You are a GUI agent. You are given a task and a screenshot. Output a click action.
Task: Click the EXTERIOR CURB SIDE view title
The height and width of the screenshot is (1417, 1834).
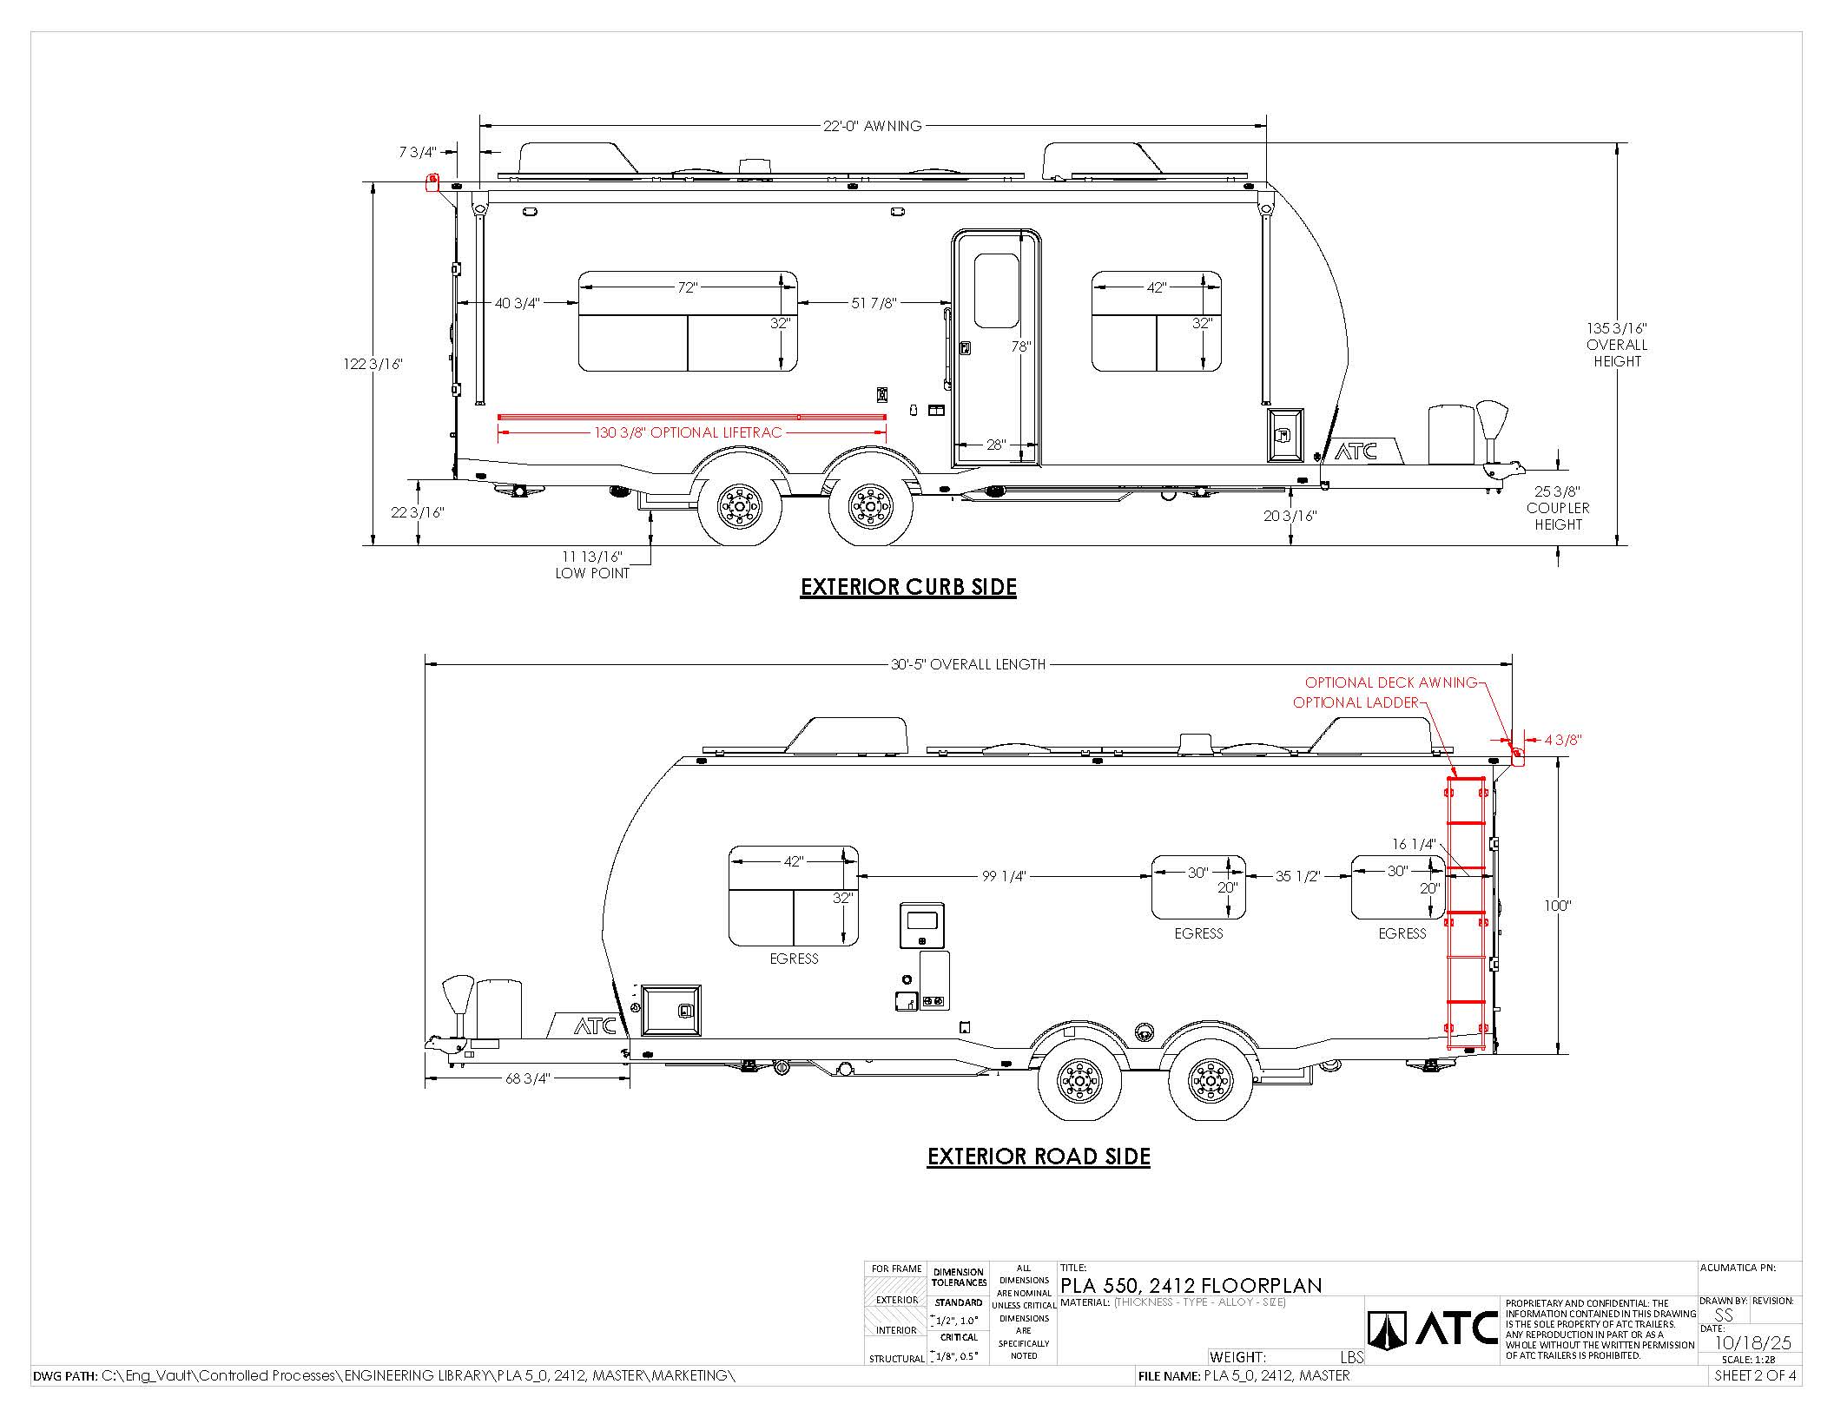tap(908, 587)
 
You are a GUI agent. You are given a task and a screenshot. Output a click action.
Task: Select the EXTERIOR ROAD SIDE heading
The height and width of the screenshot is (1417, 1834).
tap(1039, 1157)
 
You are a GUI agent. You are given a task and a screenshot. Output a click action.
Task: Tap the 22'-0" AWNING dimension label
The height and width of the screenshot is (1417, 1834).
tap(872, 126)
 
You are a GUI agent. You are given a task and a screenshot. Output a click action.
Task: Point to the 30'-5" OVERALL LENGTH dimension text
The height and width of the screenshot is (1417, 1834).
tap(968, 664)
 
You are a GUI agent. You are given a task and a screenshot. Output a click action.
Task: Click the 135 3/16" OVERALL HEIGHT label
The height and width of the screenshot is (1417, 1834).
tap(1617, 345)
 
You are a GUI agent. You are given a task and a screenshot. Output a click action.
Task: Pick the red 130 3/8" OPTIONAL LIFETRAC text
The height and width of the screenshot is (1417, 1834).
tap(688, 432)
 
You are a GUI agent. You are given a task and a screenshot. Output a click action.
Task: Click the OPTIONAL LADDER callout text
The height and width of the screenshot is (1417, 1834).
tap(1356, 702)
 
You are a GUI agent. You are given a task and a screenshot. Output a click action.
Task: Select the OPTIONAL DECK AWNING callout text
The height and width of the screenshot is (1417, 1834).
tap(1391, 682)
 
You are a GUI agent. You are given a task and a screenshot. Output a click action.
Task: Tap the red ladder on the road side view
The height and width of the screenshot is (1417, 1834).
tap(1466, 913)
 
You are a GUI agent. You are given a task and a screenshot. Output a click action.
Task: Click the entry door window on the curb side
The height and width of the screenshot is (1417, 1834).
tap(997, 291)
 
